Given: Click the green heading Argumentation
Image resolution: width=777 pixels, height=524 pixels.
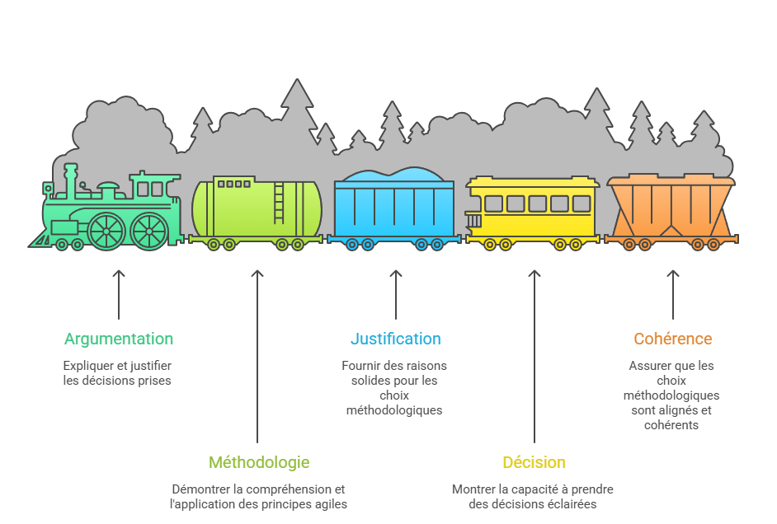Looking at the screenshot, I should pos(119,339).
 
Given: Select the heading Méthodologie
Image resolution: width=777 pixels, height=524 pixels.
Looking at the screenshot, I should pos(259,462).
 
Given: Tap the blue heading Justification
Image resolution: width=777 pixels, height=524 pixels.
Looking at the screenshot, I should pos(395,339).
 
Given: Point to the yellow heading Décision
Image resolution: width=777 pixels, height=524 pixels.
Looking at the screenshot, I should pos(534,462).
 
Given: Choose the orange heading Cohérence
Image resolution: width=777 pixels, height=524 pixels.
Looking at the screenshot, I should pos(672,339).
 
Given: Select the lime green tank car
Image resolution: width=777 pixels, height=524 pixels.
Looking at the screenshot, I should pos(257,211).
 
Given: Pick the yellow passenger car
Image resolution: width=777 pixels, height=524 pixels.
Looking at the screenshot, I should pos(532,209).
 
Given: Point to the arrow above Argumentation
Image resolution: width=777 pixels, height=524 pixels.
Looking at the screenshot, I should pos(119,293).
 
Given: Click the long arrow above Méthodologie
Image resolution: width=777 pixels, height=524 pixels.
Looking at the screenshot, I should pos(257,355).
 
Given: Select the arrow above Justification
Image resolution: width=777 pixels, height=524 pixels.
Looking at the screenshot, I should pos(396,293).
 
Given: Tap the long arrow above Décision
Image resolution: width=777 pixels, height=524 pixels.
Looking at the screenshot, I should pos(534,355).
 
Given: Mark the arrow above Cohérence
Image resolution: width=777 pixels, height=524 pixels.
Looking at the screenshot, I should pos(673,293).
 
